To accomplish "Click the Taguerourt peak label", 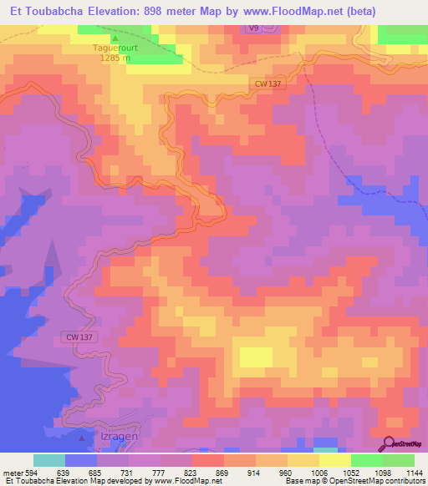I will click(x=116, y=48).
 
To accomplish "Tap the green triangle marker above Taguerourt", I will click(x=116, y=38).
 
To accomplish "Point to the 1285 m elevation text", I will click(x=116, y=58).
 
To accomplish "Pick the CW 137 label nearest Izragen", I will click(x=78, y=337).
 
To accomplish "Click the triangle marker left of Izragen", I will click(x=81, y=437).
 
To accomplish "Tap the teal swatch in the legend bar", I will click(x=49, y=460).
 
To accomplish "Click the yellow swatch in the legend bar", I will click(x=334, y=460).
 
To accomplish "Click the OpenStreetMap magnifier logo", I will click(x=386, y=443).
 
